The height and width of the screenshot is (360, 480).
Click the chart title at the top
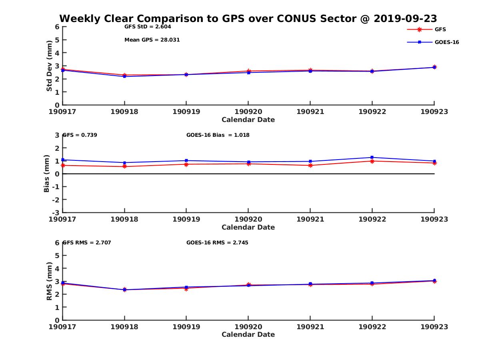pyautogui.click(x=248, y=18)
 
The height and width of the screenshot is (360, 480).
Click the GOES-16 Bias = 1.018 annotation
pyautogui.click(x=218, y=135)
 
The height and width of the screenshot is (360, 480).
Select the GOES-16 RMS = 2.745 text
pyautogui.click(x=217, y=242)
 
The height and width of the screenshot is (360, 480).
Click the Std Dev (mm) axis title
pyautogui.click(x=49, y=66)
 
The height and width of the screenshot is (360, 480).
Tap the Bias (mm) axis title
pyautogui.click(x=47, y=174)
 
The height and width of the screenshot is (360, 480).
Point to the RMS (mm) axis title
pyautogui.click(x=49, y=281)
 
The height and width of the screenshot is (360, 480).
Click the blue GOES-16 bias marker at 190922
pyautogui.click(x=372, y=157)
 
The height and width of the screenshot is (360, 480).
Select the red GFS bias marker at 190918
pyautogui.click(x=124, y=166)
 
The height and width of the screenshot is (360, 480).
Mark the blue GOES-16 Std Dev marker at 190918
pyautogui.click(x=124, y=76)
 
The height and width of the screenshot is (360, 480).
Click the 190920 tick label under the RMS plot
pyautogui.click(x=248, y=326)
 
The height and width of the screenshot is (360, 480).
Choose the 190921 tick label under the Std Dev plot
pyautogui.click(x=310, y=112)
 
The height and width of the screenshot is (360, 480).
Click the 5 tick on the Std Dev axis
pyautogui.click(x=57, y=40)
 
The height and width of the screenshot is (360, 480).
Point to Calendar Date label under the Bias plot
pyautogui.click(x=248, y=227)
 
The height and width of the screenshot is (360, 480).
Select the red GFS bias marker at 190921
pyautogui.click(x=310, y=165)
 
